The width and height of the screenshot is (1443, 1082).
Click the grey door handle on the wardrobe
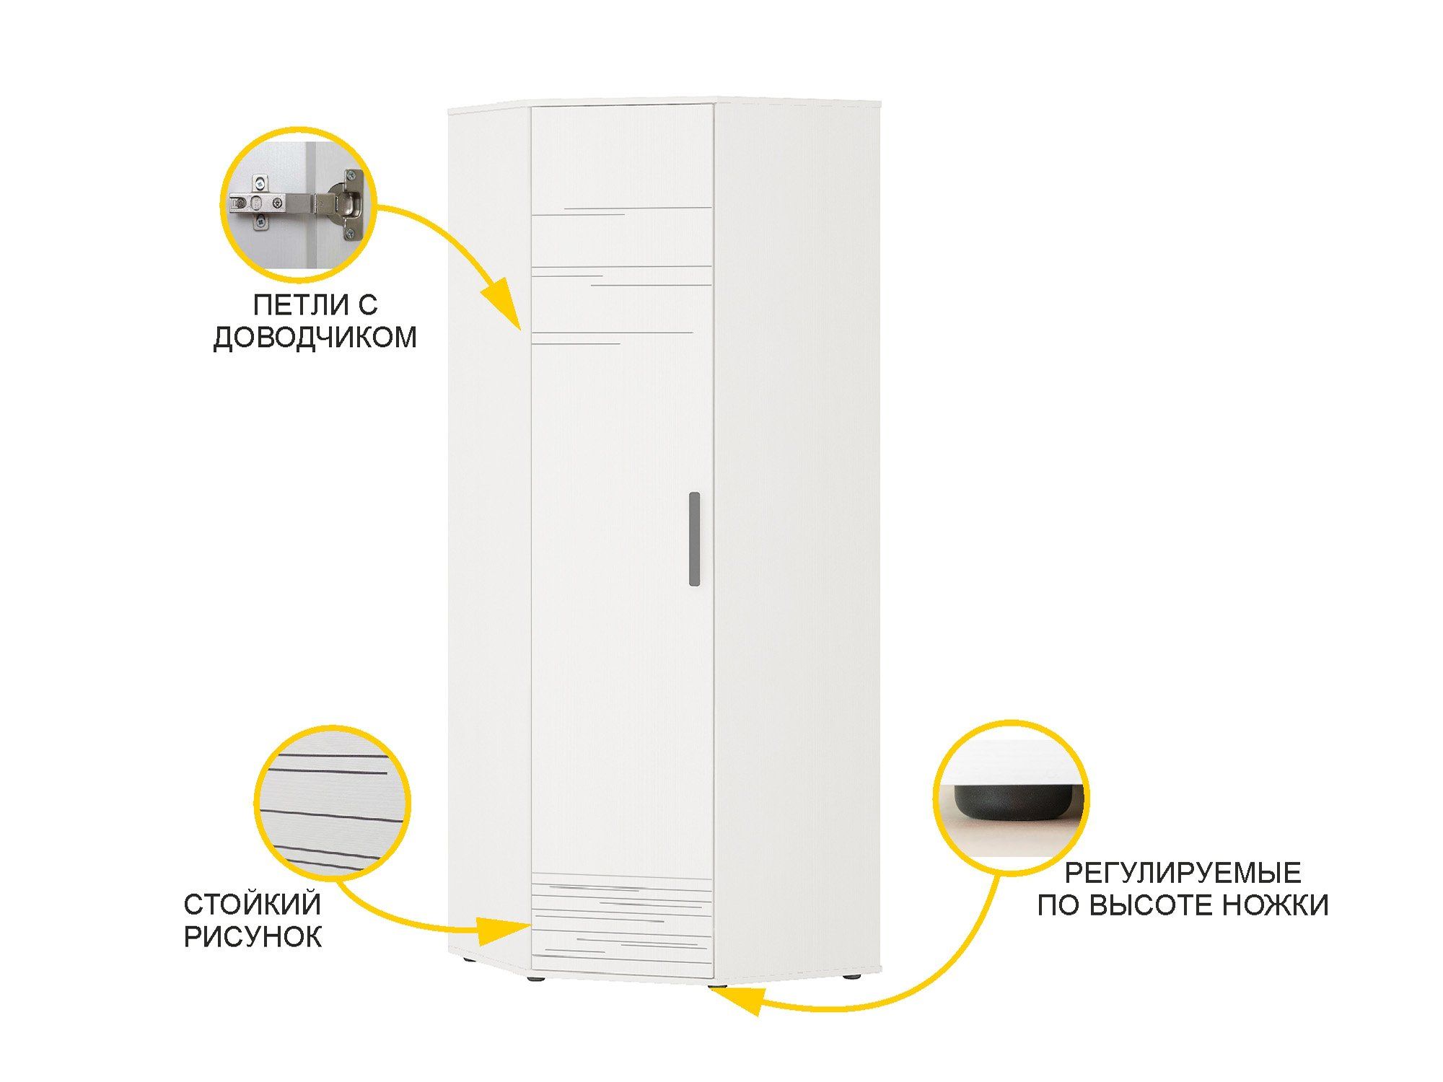694,538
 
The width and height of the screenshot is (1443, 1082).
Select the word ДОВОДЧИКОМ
315,338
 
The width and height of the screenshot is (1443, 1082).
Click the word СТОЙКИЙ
252,905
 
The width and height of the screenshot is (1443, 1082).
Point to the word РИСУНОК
253,937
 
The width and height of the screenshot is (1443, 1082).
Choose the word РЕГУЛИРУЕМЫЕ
1183,873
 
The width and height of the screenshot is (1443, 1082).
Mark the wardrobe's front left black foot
535,980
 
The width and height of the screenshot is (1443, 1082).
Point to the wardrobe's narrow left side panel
489,541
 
